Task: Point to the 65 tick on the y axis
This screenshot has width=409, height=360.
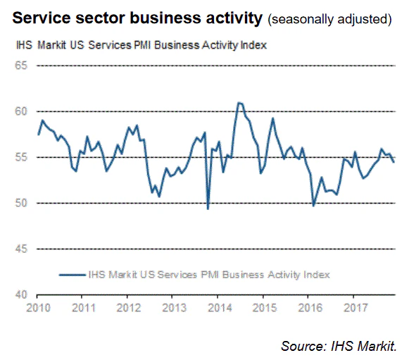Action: point(20,66)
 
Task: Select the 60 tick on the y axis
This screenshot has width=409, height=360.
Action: point(20,111)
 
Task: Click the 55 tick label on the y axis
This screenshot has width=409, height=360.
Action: point(20,157)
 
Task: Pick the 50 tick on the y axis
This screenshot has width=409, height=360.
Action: point(20,203)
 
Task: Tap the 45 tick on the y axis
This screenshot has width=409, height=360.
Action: point(20,249)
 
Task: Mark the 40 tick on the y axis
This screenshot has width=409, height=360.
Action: point(20,294)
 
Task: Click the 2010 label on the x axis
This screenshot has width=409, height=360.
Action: point(39,308)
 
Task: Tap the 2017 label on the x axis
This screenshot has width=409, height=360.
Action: point(354,308)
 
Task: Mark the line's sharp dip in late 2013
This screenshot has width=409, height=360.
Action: point(208,209)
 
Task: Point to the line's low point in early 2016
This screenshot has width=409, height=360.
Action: point(313,206)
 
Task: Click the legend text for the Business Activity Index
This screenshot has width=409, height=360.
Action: point(208,274)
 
